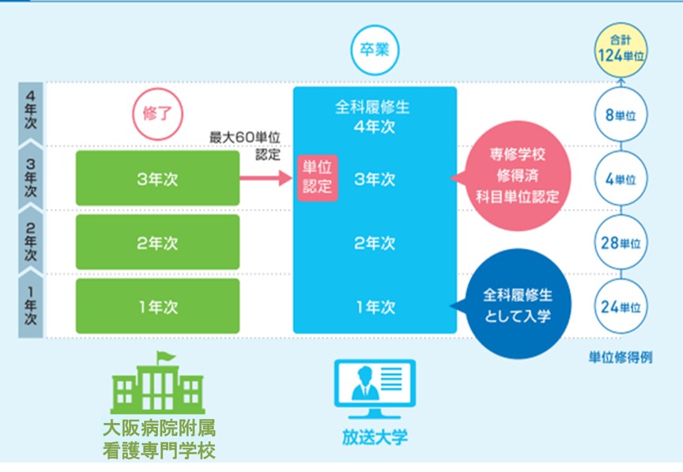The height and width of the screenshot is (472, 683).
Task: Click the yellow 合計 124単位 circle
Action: coord(621,50)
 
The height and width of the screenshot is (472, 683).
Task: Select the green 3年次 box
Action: coord(157,178)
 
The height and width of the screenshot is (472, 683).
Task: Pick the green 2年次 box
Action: coord(157,242)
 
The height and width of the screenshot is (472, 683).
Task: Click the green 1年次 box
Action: coord(157,307)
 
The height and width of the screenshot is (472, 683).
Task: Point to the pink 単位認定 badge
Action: coord(318,178)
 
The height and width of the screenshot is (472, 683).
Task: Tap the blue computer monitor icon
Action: coord(375,389)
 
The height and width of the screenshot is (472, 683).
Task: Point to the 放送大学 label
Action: coord(375,436)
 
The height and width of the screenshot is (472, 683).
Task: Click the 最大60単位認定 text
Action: coord(245,145)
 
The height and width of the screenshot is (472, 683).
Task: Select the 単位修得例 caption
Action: coord(621,357)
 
